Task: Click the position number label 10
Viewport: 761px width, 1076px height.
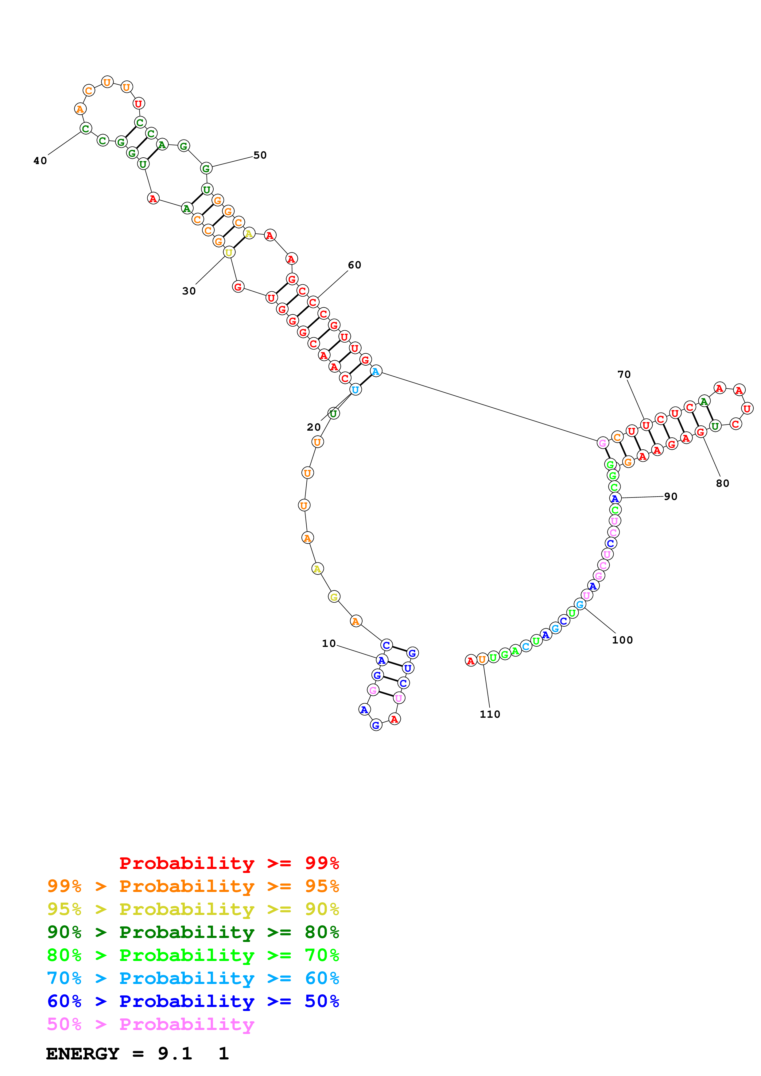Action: (x=329, y=644)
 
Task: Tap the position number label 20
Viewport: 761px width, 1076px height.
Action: (x=314, y=427)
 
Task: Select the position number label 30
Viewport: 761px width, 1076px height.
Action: (x=189, y=291)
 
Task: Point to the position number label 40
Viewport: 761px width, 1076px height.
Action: (x=40, y=161)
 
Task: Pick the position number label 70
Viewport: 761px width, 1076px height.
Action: (x=624, y=375)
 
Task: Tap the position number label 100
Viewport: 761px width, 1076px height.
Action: (x=622, y=640)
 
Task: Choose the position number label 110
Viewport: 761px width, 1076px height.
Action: (x=490, y=714)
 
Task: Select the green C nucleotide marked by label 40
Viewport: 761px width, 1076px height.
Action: (x=85, y=129)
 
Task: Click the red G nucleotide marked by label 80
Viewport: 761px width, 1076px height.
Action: (x=701, y=432)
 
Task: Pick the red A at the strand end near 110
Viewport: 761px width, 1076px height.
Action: (x=470, y=661)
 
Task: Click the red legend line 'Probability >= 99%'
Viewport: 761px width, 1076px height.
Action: (x=229, y=863)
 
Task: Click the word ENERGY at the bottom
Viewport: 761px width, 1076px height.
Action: (x=83, y=1054)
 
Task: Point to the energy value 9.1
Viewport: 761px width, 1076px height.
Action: (x=175, y=1054)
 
